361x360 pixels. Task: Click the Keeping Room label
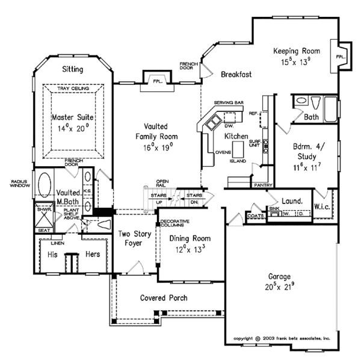point(295,51)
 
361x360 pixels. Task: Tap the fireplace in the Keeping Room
point(341,56)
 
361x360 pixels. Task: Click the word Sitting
point(73,70)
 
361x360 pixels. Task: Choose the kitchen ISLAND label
point(238,162)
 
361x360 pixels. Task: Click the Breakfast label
point(236,75)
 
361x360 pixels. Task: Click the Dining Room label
point(181,238)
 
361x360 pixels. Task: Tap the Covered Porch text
point(163,297)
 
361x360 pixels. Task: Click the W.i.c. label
point(322,206)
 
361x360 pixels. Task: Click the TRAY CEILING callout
point(73,89)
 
